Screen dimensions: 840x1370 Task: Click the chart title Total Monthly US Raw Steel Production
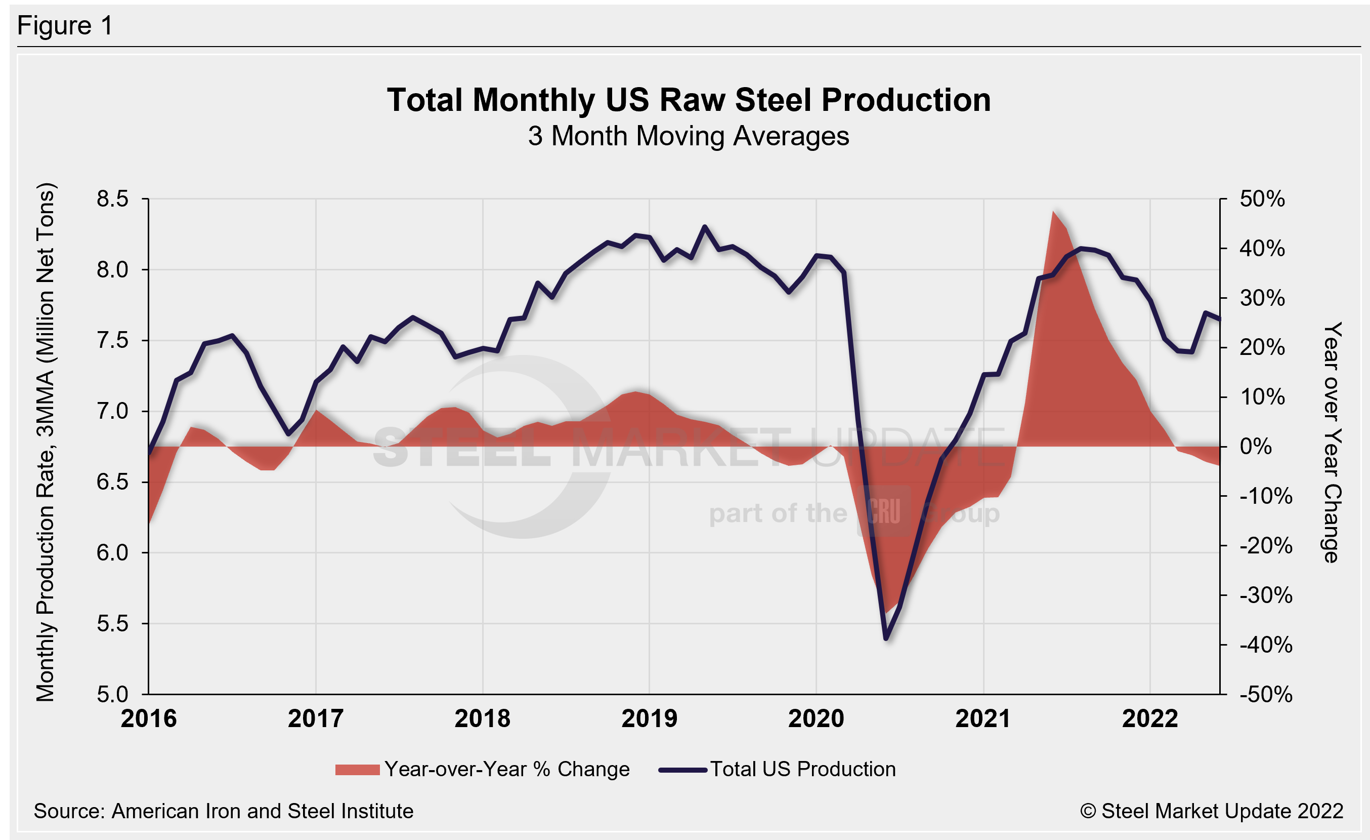point(689,100)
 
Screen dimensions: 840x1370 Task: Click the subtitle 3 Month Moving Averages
point(689,136)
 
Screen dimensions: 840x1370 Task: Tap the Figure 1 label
point(65,26)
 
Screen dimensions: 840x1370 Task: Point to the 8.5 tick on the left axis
point(112,198)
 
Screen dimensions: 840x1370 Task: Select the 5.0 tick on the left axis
point(112,694)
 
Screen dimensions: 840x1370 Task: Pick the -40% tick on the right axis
point(1265,645)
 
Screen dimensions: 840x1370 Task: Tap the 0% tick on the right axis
point(1256,446)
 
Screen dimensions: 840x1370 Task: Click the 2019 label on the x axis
point(649,718)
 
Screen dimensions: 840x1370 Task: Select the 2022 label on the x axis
point(1150,718)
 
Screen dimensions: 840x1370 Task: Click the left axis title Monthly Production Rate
point(46,442)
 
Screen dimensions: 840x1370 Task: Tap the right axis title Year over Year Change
point(1332,442)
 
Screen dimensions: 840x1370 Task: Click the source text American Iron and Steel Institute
point(224,811)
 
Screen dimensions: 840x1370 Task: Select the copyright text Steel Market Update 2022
point(1212,811)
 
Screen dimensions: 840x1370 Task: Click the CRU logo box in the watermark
point(884,511)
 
